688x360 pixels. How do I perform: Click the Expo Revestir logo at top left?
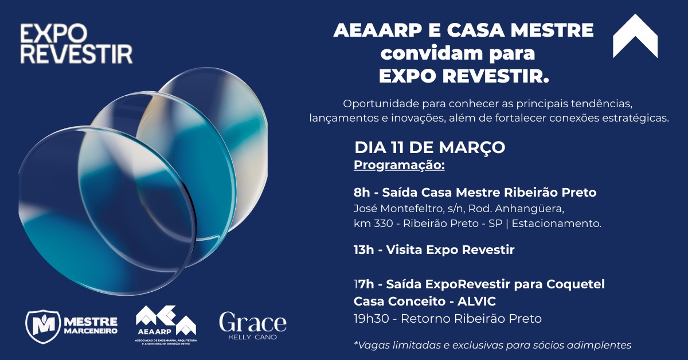tap(76, 44)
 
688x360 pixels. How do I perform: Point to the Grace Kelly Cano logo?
tap(252, 325)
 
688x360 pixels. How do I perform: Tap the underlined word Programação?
tap(399, 166)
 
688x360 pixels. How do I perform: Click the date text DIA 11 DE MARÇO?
tap(429, 147)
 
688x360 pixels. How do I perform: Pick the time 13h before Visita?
tap(364, 250)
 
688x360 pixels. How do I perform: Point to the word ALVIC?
tap(475, 302)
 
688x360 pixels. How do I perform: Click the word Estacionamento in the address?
tap(556, 224)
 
